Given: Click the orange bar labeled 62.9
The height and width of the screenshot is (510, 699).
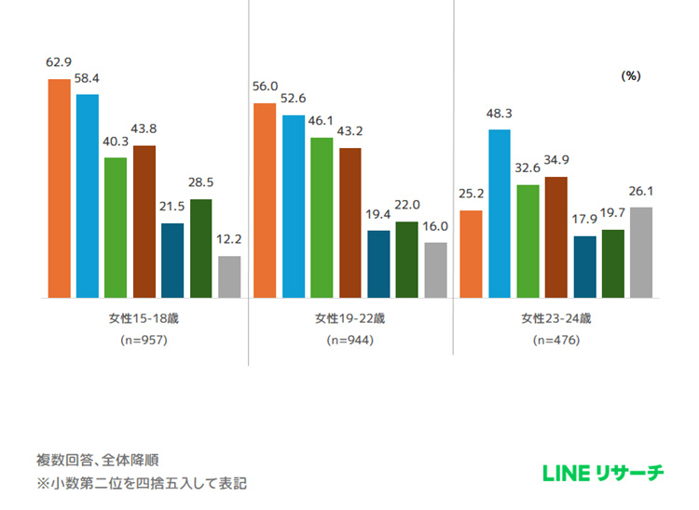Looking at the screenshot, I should click(60, 189).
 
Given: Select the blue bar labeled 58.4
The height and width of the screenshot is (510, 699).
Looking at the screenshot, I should click(88, 196).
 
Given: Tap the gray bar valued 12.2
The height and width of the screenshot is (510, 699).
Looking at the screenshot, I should click(229, 277).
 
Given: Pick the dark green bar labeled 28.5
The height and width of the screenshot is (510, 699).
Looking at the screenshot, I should click(201, 248).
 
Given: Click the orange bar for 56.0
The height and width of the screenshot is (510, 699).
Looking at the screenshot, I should click(265, 201).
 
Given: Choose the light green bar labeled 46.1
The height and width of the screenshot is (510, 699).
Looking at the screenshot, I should click(322, 218).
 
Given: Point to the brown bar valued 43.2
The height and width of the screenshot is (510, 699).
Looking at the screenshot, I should click(349, 223).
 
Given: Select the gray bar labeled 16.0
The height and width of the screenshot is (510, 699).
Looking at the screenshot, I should click(435, 271).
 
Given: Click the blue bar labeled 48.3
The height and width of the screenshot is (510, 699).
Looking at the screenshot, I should click(500, 214).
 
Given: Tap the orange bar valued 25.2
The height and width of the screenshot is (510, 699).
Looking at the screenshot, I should click(471, 254).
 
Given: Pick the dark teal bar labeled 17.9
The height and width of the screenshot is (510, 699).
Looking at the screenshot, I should click(584, 267).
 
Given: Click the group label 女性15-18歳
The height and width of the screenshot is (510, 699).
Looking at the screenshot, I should click(143, 318).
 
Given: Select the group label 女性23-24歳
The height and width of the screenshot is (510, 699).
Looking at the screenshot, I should click(555, 318).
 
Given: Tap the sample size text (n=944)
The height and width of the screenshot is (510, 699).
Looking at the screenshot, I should click(349, 341).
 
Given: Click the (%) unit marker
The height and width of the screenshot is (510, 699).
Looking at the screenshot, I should click(630, 76).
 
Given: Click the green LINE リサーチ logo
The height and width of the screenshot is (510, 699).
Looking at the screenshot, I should click(603, 473).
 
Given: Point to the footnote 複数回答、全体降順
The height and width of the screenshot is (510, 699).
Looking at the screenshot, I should click(89, 461).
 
